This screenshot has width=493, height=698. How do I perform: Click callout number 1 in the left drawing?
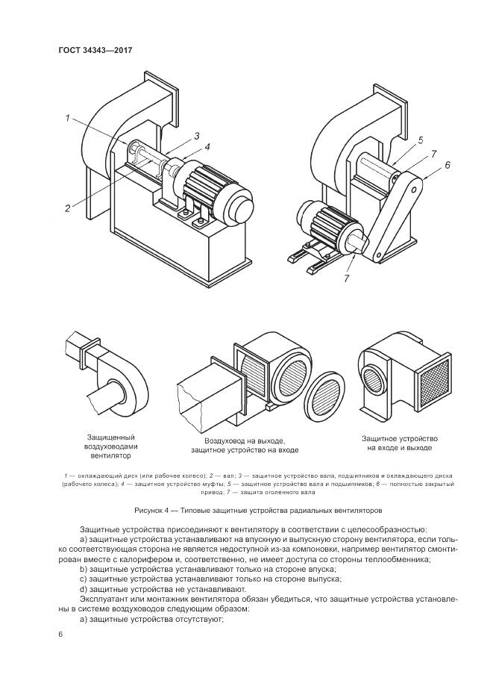click(x=67, y=118)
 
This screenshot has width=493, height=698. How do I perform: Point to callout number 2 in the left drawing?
click(x=196, y=136)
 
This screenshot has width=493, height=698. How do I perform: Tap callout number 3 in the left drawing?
click(x=207, y=146)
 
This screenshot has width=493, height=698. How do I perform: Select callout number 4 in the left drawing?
click(x=420, y=140)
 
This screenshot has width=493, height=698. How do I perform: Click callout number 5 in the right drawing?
click(x=448, y=166)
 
